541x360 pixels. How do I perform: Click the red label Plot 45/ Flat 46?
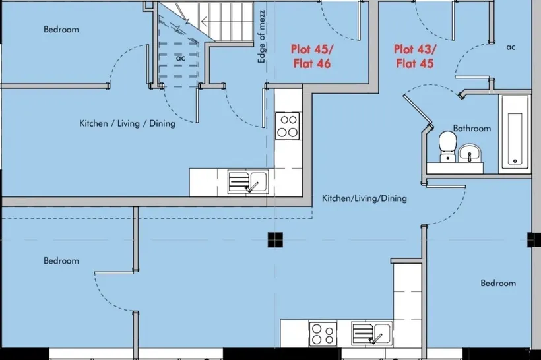pyautogui.click(x=312, y=56)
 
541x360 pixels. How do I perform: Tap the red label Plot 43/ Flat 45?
pyautogui.click(x=415, y=56)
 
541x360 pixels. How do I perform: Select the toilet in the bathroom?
pyautogui.click(x=448, y=146)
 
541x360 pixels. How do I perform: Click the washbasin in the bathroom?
pyautogui.click(x=470, y=153)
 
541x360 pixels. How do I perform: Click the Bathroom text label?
pyautogui.click(x=472, y=129)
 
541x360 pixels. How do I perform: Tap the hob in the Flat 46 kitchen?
pyautogui.click(x=288, y=126)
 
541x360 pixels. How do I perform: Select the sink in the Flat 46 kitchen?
pyautogui.click(x=247, y=181)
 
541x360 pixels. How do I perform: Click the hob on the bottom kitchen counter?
pyautogui.click(x=323, y=334)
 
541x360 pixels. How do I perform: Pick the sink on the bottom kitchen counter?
pyautogui.click(x=371, y=333)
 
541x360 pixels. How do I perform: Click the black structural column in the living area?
pyautogui.click(x=275, y=239)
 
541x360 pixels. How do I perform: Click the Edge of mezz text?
pyautogui.click(x=262, y=36)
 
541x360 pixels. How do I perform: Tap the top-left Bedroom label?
pyautogui.click(x=61, y=29)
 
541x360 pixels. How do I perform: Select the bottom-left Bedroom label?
pyautogui.click(x=61, y=260)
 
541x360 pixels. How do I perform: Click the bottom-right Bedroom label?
pyautogui.click(x=498, y=283)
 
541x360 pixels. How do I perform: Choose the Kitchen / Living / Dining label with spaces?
pyautogui.click(x=127, y=123)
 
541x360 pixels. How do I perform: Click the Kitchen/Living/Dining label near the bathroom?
pyautogui.click(x=364, y=198)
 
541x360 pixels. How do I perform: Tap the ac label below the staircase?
pyautogui.click(x=181, y=58)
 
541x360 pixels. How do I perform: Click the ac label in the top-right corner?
pyautogui.click(x=511, y=47)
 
